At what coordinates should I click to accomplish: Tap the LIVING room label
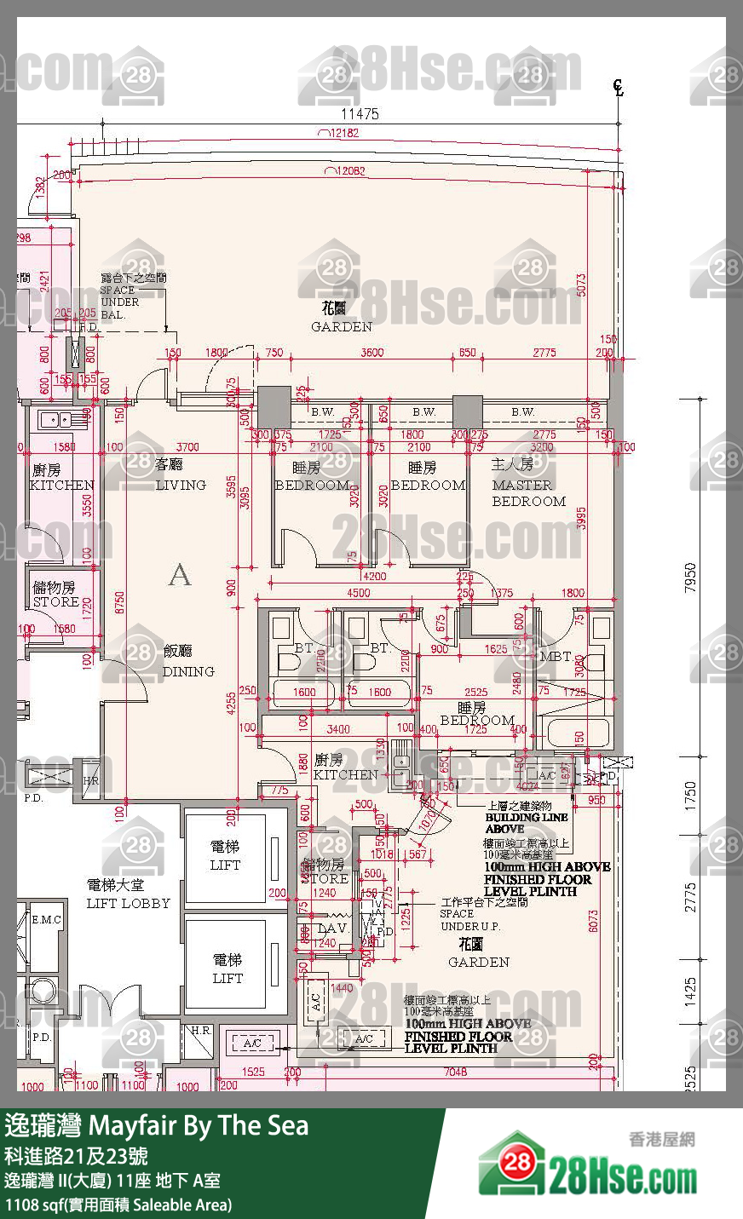(x=180, y=475)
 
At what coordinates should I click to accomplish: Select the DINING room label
(x=187, y=662)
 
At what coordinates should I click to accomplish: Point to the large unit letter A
(x=180, y=576)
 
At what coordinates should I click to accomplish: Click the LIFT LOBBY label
(x=128, y=894)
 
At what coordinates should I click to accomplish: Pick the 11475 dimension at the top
(x=360, y=114)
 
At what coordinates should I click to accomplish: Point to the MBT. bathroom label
(x=556, y=656)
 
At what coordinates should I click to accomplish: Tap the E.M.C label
(x=46, y=920)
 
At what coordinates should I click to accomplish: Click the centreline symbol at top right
(x=619, y=87)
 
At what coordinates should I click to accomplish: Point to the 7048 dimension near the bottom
(x=455, y=1072)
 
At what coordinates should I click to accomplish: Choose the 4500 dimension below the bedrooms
(x=358, y=593)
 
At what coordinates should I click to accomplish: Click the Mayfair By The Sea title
(x=156, y=1126)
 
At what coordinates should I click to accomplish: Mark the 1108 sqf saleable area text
(x=118, y=1205)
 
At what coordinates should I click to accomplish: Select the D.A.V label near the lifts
(x=331, y=929)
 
